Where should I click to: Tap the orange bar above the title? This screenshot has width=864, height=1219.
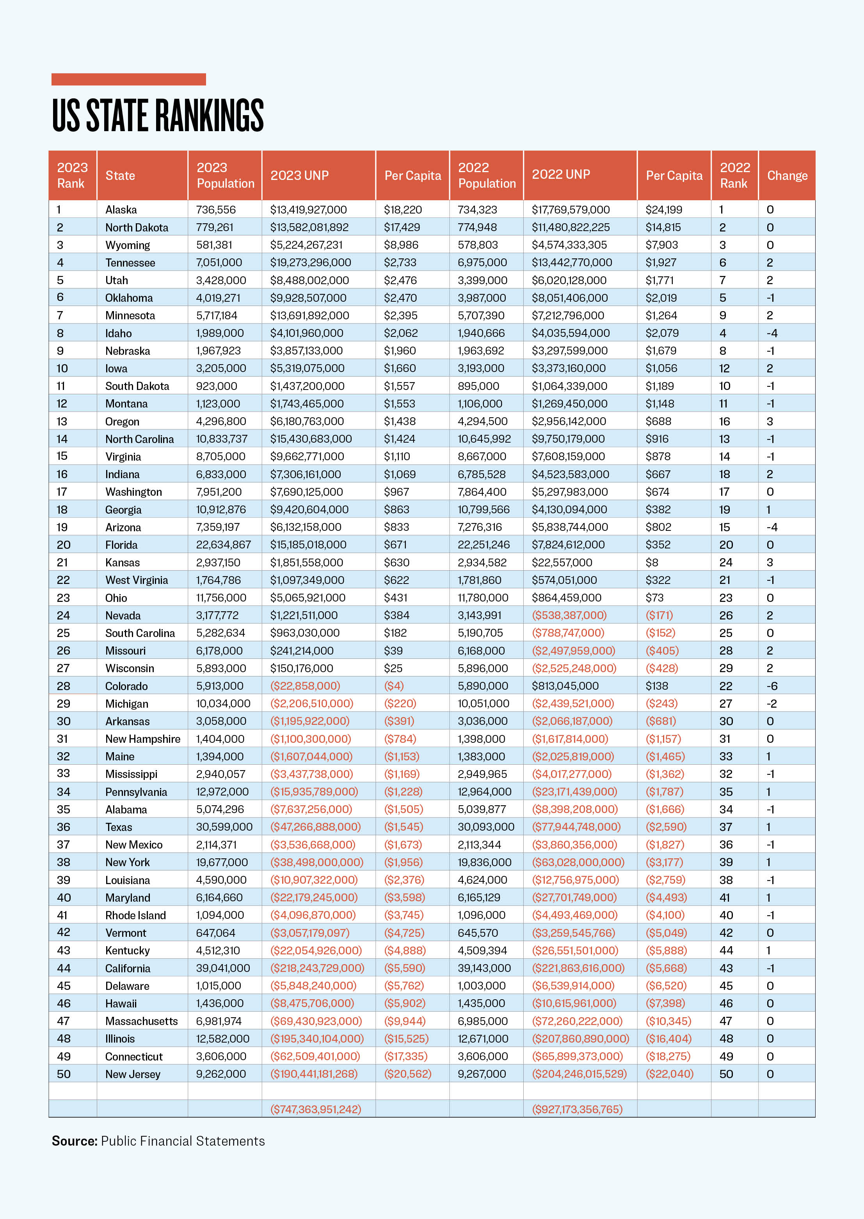[x=128, y=79]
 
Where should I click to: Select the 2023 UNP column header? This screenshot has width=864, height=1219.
[x=300, y=176]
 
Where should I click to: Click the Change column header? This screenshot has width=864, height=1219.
[x=787, y=176]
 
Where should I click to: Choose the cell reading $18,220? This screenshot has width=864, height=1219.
[x=403, y=210]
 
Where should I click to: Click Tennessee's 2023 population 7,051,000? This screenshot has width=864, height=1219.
[x=219, y=262]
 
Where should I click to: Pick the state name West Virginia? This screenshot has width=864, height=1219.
[x=136, y=580]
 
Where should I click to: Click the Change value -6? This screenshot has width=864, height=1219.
[x=772, y=686]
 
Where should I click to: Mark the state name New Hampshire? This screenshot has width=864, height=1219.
[x=142, y=739]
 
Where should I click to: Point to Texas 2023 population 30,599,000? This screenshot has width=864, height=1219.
[x=224, y=827]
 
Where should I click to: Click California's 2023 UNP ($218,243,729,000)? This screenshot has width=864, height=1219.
[x=317, y=968]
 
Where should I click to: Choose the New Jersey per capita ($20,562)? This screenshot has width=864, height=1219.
[x=407, y=1074]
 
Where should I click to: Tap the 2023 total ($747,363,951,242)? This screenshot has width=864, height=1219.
[x=315, y=1109]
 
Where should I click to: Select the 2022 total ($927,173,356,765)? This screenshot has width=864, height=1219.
[x=577, y=1109]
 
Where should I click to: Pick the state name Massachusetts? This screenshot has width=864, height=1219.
[x=142, y=1021]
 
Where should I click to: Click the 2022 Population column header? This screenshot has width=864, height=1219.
[x=486, y=176]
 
